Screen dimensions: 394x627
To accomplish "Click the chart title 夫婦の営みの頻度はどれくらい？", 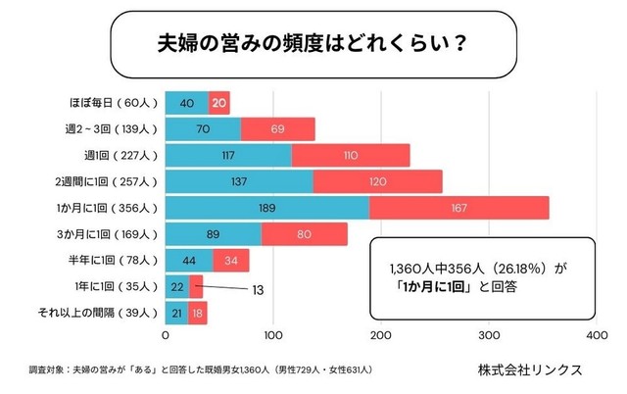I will (x=313, y=44).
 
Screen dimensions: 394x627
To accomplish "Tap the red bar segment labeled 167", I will (x=458, y=208).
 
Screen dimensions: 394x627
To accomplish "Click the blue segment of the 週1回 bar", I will (x=228, y=155).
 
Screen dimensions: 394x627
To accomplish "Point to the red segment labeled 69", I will (x=277, y=128).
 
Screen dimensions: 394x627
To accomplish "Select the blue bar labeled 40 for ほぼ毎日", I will (x=187, y=102).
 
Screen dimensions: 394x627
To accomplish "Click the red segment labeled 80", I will (x=304, y=234).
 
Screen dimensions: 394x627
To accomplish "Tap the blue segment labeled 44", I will (x=189, y=261).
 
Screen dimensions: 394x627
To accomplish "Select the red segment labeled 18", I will (x=198, y=314).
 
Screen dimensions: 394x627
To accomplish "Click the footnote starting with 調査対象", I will (x=200, y=370).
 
